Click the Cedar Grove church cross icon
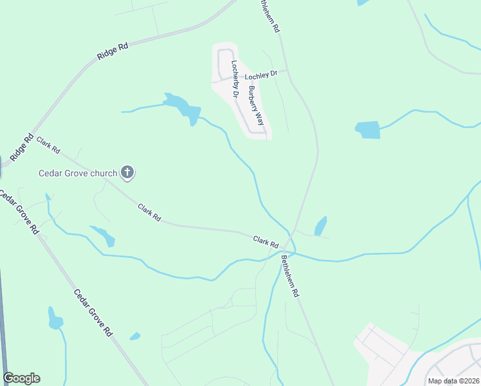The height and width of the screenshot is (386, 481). (x=128, y=172)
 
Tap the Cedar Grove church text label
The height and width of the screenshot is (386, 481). (x=78, y=172)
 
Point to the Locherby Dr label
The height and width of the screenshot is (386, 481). (x=235, y=79)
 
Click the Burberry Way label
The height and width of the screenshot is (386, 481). (x=257, y=105)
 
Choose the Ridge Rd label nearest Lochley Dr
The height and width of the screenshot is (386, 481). (x=113, y=51)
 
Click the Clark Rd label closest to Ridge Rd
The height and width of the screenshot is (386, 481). (x=48, y=145)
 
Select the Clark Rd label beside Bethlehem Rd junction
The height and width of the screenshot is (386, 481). (x=265, y=242)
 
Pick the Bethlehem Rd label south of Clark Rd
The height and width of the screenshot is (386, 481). (x=290, y=276)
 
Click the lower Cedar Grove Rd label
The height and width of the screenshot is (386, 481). (x=94, y=313)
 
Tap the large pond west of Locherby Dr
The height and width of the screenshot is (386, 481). (x=182, y=107)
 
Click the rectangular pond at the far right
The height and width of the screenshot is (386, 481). (x=368, y=129)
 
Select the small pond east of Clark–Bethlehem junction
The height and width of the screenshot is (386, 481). (x=320, y=226)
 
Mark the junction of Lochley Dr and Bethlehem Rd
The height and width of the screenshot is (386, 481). (x=287, y=70)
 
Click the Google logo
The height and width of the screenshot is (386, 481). (x=21, y=378)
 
